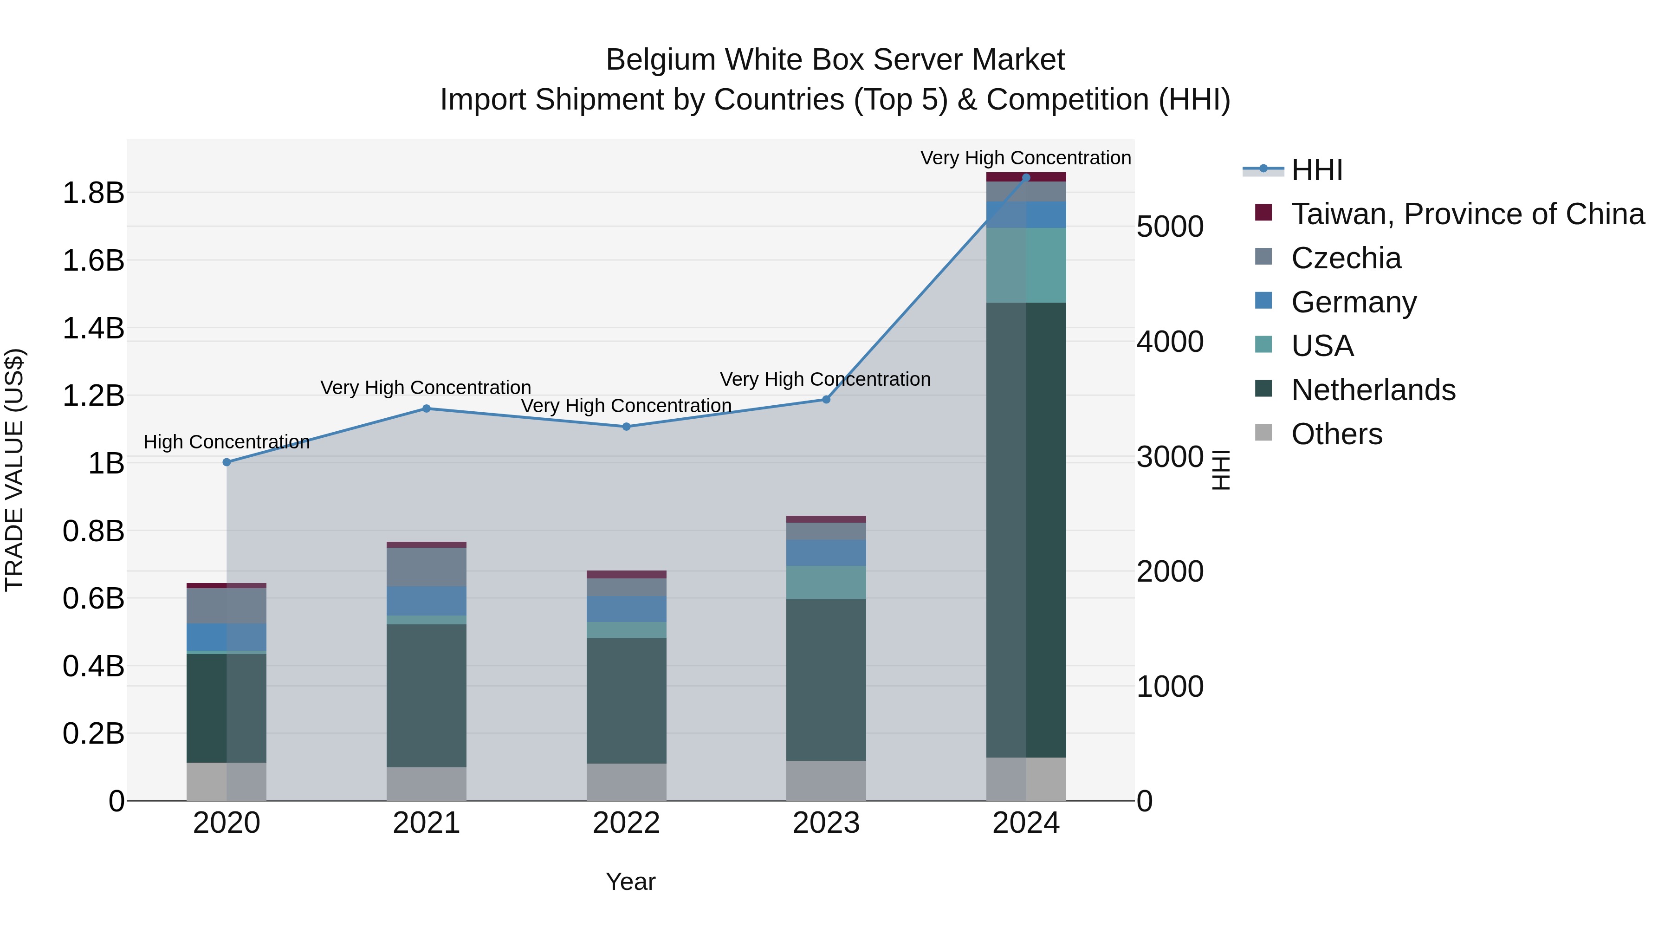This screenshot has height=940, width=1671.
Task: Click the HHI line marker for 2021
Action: click(426, 408)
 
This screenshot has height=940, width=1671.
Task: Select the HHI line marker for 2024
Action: click(1025, 178)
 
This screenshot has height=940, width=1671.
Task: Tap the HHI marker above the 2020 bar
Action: click(227, 462)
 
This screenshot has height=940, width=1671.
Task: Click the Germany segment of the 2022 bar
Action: click(626, 609)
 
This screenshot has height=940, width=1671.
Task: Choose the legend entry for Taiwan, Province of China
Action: click(1467, 214)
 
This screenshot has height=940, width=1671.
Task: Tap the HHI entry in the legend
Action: click(1316, 170)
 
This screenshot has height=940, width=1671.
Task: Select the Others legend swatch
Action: click(1263, 433)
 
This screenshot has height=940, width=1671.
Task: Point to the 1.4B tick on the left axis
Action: click(93, 328)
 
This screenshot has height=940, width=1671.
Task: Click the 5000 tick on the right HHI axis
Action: click(1170, 227)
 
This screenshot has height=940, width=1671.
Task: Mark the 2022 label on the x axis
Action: click(626, 823)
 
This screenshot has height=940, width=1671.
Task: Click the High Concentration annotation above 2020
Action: click(227, 442)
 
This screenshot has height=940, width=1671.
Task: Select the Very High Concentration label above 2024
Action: click(1025, 158)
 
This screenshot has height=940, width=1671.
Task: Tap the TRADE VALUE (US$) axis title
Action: click(14, 470)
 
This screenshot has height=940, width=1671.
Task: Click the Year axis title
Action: click(630, 882)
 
